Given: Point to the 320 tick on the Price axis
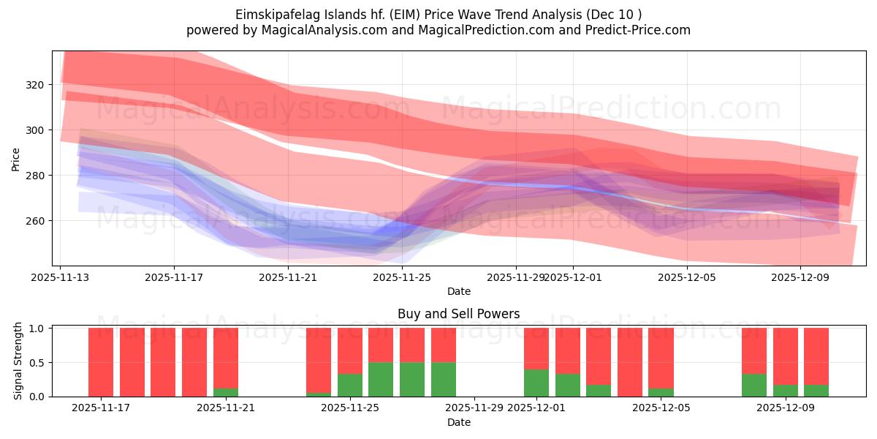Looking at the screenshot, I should (x=36, y=85).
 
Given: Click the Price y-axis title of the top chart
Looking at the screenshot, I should (x=16, y=159).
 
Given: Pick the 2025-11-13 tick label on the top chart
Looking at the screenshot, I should (x=60, y=277).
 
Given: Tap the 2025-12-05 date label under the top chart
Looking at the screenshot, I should (x=686, y=277).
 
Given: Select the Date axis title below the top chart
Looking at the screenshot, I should (x=458, y=291).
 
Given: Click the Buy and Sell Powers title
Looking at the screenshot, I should (x=458, y=314).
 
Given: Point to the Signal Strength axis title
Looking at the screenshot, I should (x=18, y=361).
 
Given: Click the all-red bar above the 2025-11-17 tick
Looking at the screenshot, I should (x=101, y=362).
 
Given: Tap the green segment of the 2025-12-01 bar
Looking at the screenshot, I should (x=536, y=383).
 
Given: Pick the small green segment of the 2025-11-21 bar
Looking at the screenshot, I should (x=226, y=392).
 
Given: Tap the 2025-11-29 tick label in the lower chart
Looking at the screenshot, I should (x=474, y=408).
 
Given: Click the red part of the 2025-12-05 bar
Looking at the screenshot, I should (x=661, y=358).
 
